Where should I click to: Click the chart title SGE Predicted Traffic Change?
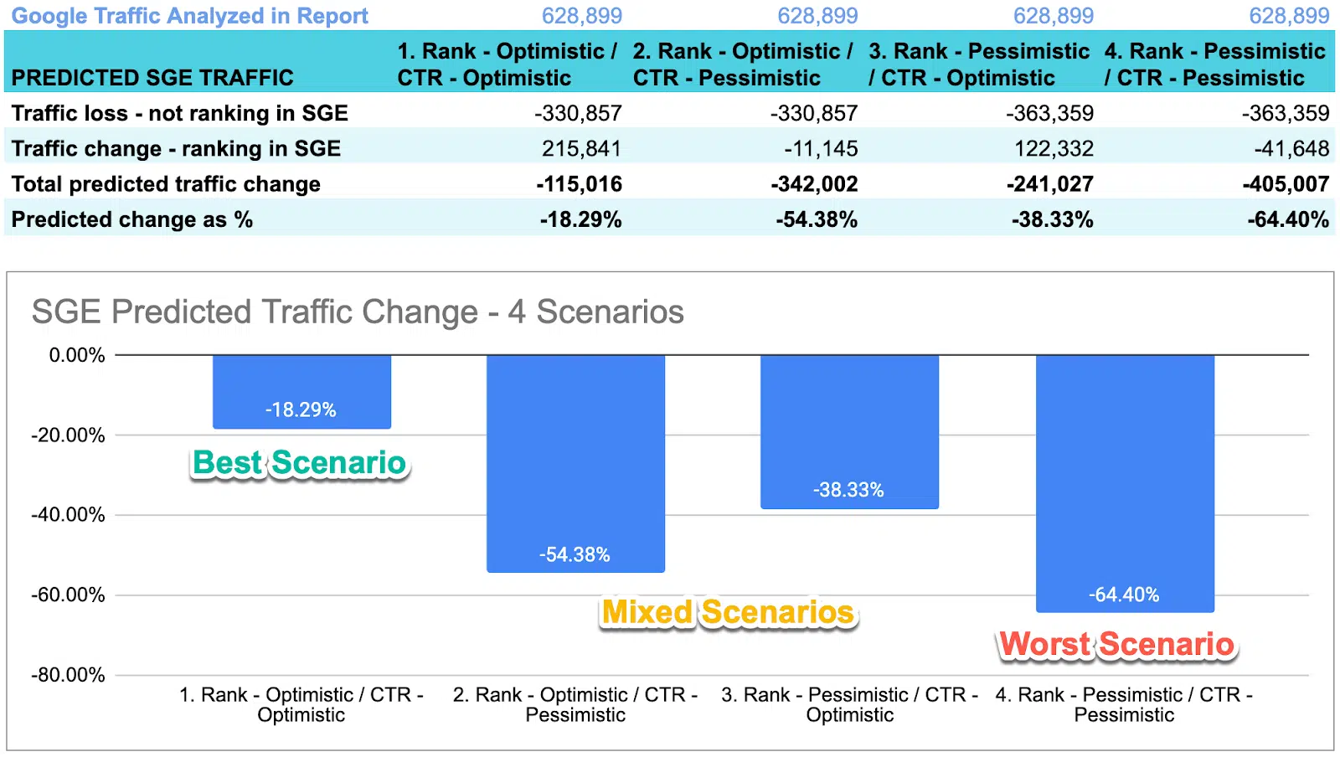tap(358, 312)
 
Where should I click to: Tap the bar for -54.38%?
tap(575, 462)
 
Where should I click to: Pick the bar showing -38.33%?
tap(849, 430)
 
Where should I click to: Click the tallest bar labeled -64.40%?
tap(1124, 482)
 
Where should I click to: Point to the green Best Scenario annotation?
tap(299, 463)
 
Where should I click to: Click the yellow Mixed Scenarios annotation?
tap(728, 612)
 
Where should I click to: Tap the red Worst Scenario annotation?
tap(1116, 645)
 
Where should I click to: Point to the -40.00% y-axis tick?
tap(69, 515)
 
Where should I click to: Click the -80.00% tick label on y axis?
tap(69, 675)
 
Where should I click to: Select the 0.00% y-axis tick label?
tap(77, 355)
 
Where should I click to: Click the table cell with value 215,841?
tap(581, 149)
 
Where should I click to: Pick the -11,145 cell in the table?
tap(821, 149)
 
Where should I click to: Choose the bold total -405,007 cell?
tap(1285, 184)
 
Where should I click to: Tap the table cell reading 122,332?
tap(1054, 149)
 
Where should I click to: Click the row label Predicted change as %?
tap(132, 219)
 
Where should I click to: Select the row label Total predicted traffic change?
tap(166, 184)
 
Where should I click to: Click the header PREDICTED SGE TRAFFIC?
tap(152, 78)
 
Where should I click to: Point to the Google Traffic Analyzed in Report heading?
tap(190, 16)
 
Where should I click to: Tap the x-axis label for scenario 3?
tap(849, 704)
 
